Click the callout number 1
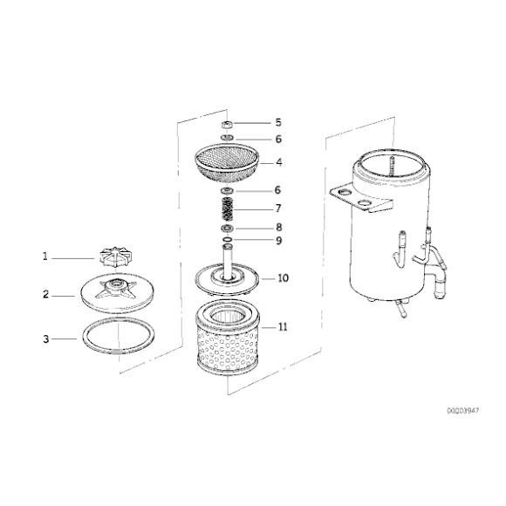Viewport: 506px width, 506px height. click(x=45, y=256)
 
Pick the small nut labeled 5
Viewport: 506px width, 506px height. click(x=228, y=124)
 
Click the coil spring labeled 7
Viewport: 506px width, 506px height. click(x=228, y=209)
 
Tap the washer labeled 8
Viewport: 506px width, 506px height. click(x=228, y=229)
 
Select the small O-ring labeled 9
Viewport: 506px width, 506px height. click(x=228, y=239)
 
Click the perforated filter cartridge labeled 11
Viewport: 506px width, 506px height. click(x=228, y=338)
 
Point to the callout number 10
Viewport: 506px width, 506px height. click(x=283, y=277)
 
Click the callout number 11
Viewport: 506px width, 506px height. click(x=283, y=327)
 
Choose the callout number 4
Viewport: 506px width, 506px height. click(x=279, y=162)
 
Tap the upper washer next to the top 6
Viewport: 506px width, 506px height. click(x=228, y=138)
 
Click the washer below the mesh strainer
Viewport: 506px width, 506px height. click(x=228, y=190)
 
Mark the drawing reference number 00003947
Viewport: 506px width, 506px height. click(x=463, y=411)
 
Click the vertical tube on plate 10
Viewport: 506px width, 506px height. click(x=228, y=262)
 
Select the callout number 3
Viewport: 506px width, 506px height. click(x=46, y=339)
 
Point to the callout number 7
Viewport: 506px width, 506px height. click(x=278, y=209)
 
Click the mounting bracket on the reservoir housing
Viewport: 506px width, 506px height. click(x=359, y=198)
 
